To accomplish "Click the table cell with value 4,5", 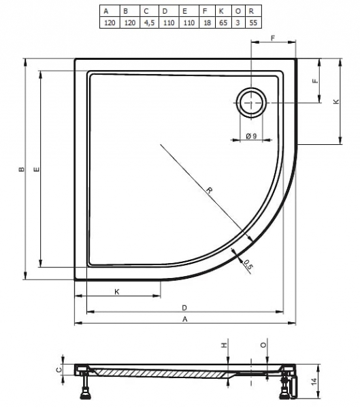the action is (x=149, y=22).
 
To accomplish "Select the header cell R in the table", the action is (x=253, y=11).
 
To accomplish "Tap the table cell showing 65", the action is (x=223, y=22).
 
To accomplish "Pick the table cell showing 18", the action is (x=207, y=22).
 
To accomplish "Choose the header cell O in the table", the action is (x=238, y=11).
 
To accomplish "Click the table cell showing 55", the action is (x=253, y=22).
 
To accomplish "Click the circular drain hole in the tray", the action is (x=251, y=103).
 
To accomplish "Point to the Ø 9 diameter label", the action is (x=251, y=136).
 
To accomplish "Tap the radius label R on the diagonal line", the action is (x=209, y=190).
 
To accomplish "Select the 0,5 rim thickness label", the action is (x=248, y=265).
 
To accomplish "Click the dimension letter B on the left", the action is (x=22, y=169).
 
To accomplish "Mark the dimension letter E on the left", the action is (x=37, y=169).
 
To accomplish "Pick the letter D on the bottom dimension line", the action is (x=184, y=308).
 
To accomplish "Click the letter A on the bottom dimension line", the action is (x=184, y=319).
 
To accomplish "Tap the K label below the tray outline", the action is (x=117, y=292).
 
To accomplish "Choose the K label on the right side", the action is (x=336, y=101).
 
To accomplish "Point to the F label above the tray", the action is (x=273, y=38).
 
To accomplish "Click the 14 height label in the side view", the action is (x=314, y=381).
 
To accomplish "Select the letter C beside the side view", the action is (x=59, y=369).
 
